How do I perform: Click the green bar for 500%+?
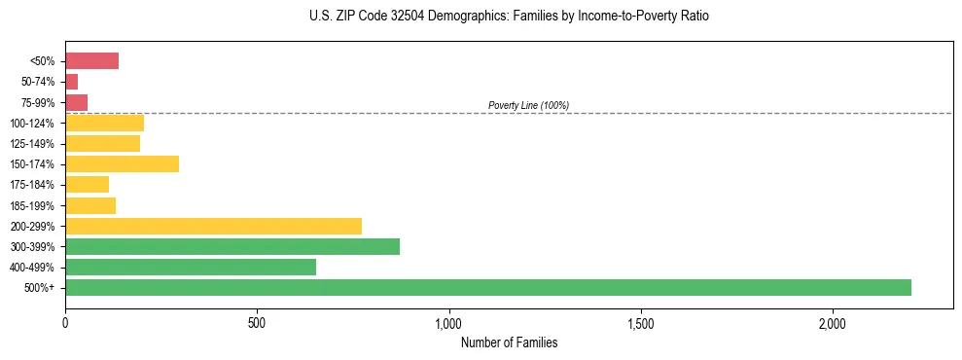[x=487, y=287]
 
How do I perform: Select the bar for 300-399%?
[x=232, y=246]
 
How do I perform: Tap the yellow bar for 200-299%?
[x=213, y=226]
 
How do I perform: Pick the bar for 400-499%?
[x=191, y=267]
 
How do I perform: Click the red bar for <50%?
[x=91, y=61]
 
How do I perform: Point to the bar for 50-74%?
[x=71, y=82]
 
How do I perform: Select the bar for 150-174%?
[x=122, y=163]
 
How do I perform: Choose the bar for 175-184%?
[x=87, y=184]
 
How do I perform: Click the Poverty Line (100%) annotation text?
[x=528, y=105]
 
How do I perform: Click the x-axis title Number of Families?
[x=509, y=342]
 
